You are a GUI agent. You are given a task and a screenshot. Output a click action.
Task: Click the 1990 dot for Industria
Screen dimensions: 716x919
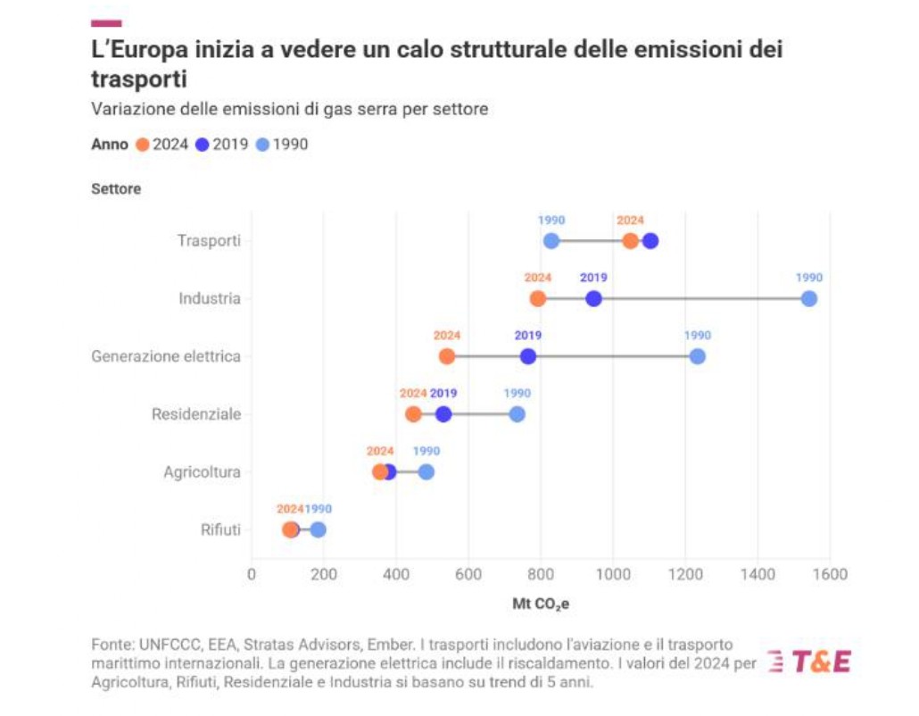[x=808, y=298]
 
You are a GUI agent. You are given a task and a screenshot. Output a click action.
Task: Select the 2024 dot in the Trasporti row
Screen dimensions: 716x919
[x=631, y=241]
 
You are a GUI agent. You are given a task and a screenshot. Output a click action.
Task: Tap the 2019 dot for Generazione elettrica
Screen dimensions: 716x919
[x=528, y=356]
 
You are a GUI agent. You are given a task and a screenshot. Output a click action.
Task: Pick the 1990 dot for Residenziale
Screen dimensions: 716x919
[x=517, y=414]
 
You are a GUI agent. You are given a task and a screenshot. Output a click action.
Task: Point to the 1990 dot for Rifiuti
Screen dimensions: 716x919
[x=318, y=529]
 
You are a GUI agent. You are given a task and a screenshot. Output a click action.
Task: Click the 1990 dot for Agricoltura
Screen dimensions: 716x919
[x=426, y=471]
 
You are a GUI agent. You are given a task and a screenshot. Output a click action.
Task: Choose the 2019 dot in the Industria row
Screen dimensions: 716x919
[x=593, y=298]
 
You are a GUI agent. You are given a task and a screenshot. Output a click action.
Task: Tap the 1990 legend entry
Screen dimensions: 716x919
[x=281, y=144]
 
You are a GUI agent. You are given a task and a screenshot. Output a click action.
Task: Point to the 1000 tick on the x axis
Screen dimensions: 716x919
[x=613, y=573]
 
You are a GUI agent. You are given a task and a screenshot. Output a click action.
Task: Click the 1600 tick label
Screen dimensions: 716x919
[x=830, y=573]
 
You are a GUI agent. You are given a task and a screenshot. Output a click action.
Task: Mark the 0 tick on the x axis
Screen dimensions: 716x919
[x=252, y=573]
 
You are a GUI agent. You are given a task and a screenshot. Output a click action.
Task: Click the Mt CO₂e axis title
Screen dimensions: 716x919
[x=541, y=604]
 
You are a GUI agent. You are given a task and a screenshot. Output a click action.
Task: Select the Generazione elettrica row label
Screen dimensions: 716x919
[x=166, y=356]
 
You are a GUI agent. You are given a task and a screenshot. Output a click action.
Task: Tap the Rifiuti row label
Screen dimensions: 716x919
[x=220, y=529]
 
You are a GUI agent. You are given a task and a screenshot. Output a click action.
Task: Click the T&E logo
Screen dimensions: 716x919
[x=809, y=662]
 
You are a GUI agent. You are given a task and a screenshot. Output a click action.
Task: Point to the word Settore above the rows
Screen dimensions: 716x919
[x=116, y=189]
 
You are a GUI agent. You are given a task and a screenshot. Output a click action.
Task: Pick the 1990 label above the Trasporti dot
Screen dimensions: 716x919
[x=551, y=221]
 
